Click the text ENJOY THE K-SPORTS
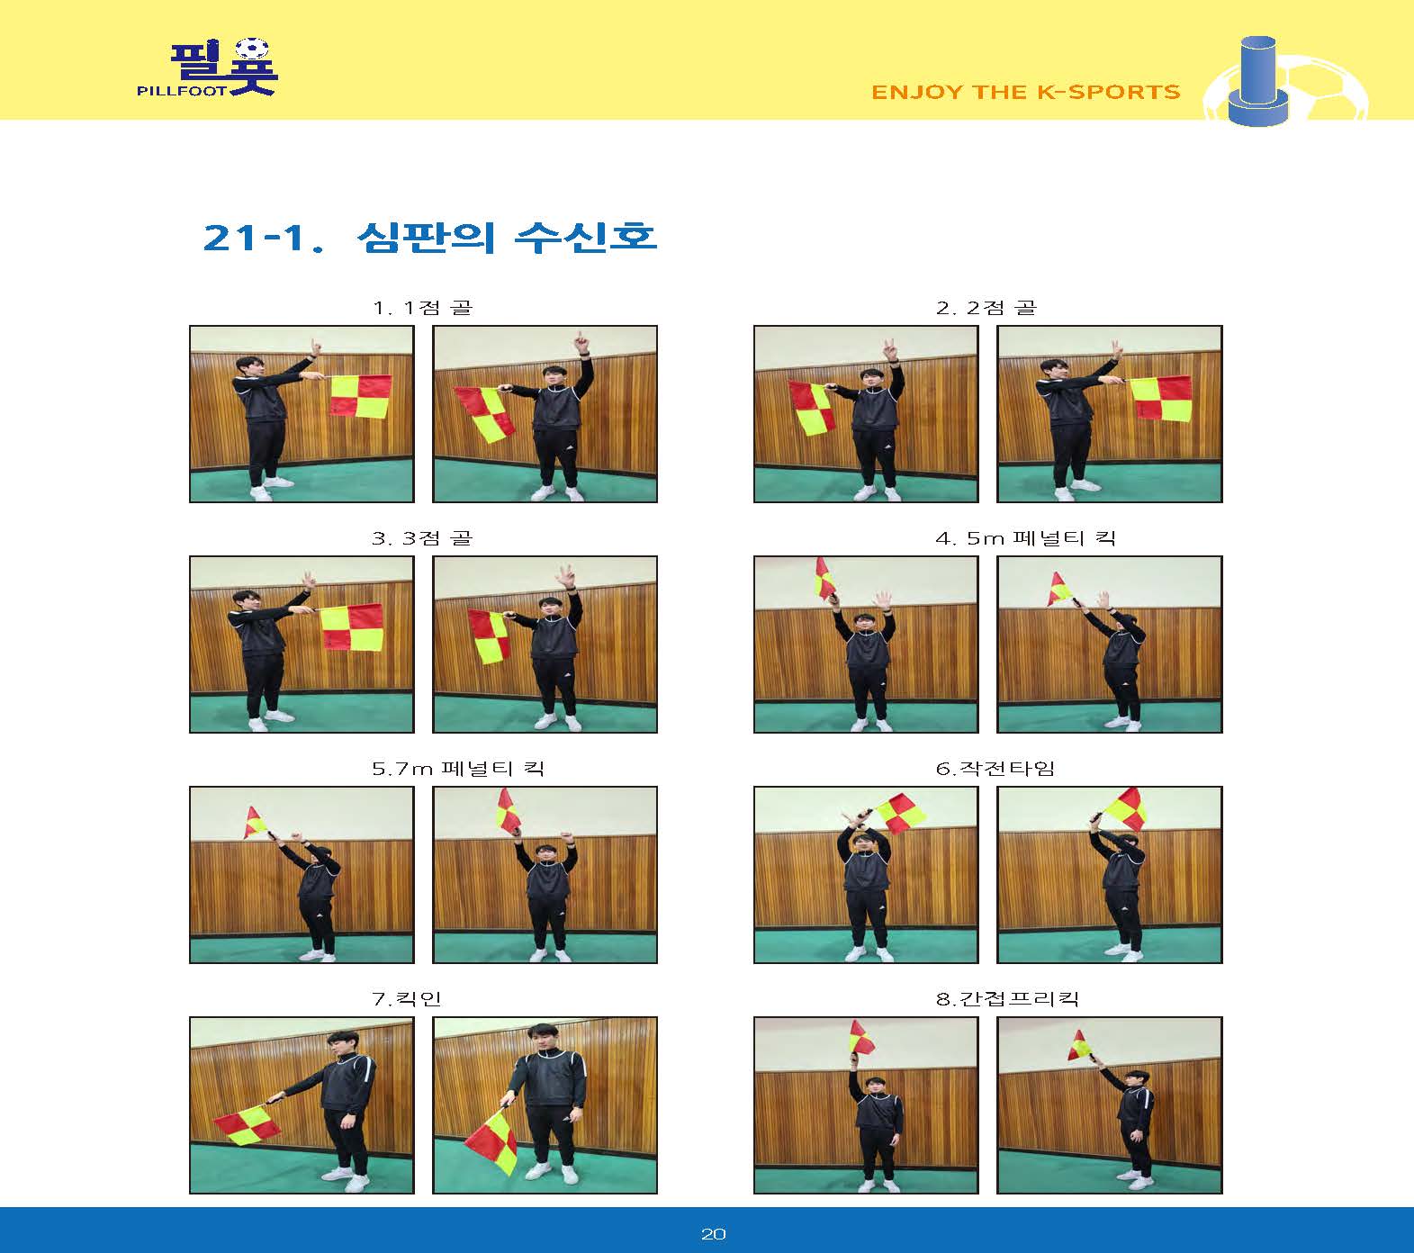1026,92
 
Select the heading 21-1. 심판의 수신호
430,238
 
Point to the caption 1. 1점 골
422,308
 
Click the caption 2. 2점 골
986,308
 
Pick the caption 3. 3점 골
422,538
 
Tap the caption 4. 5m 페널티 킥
1026,538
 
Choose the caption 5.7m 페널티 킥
458,769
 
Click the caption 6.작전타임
995,769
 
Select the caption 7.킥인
407,999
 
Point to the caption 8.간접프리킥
1007,999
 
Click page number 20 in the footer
713,1234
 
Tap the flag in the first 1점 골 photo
360,396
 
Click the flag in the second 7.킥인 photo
491,1141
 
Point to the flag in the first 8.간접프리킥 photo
861,1038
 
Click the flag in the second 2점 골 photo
1161,399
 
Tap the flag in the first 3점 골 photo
353,627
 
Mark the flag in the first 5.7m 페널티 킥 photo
256,821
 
